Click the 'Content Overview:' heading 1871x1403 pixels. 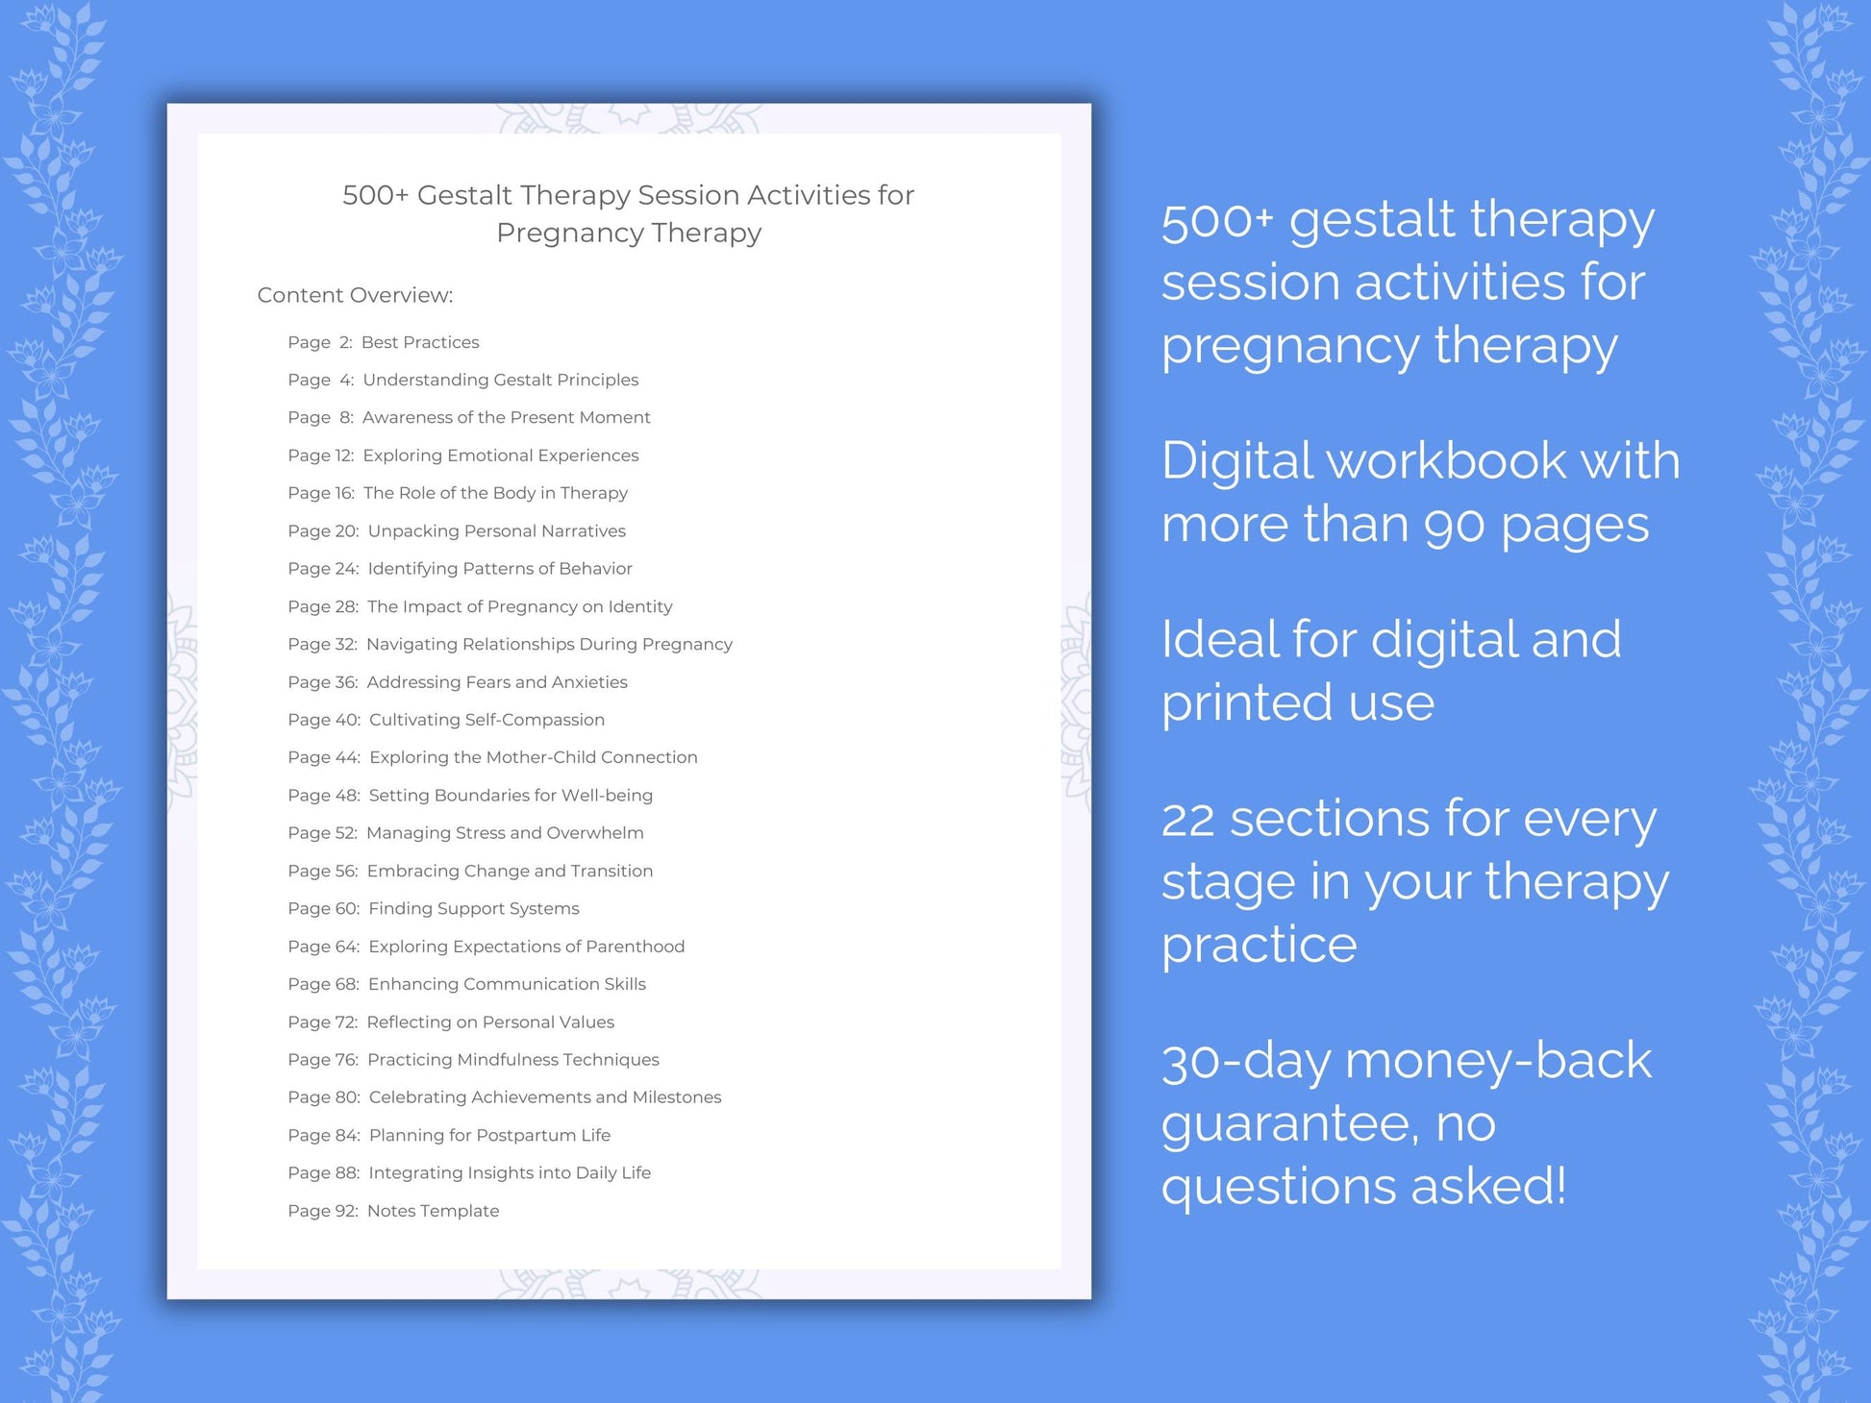pos(355,295)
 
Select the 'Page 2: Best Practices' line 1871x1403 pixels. pos(383,342)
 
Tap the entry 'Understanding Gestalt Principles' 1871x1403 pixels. pos(500,380)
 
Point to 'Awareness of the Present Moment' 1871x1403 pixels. pos(506,417)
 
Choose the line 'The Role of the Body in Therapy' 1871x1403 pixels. pos(495,493)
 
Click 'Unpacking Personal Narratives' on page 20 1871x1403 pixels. pos(496,530)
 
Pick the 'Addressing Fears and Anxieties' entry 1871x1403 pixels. pos(496,682)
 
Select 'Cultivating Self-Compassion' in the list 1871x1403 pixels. pos(486,720)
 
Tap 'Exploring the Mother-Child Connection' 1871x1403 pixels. pos(533,757)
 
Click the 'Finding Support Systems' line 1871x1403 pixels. pos(473,908)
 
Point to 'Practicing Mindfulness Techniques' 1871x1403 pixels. pos(512,1059)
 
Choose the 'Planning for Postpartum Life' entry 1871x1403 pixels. pos(489,1135)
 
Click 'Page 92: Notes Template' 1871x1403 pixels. pos(393,1211)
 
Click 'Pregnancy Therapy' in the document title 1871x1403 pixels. pos(629,233)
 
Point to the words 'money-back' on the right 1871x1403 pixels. pos(1498,1061)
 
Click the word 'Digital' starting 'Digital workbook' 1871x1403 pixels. pos(1237,461)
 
